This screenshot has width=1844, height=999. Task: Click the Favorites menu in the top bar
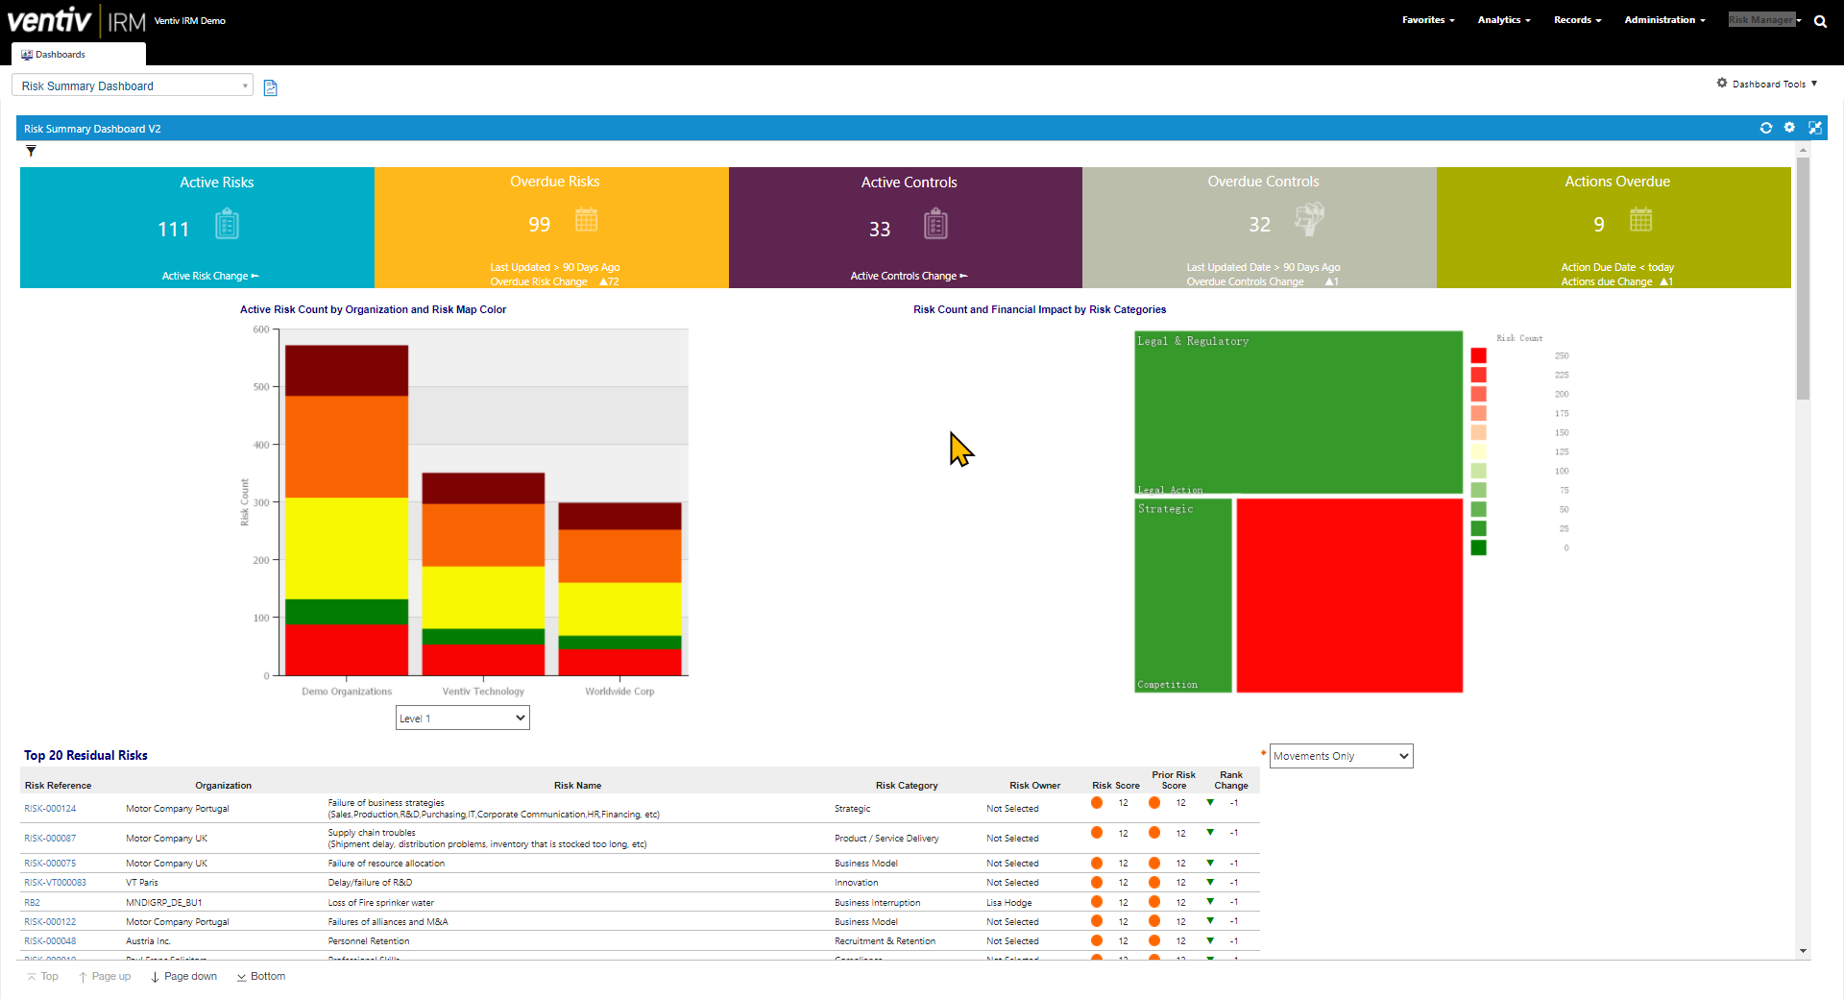(1427, 20)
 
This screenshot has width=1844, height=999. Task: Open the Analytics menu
(1503, 20)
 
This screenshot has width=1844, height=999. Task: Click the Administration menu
(1664, 20)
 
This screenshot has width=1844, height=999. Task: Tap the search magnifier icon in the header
(1820, 21)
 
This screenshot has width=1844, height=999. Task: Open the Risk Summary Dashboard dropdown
(133, 85)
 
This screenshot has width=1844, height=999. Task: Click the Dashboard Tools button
(1767, 85)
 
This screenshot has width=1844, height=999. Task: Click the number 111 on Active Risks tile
(174, 230)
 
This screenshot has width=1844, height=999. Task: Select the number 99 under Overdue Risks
(539, 225)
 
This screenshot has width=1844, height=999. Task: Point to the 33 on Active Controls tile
(880, 230)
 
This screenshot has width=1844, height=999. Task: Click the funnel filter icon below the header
(31, 151)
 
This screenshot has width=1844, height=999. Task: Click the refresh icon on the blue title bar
(1765, 128)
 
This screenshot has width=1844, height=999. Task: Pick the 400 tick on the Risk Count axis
(261, 445)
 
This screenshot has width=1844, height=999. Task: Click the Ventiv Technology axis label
(483, 692)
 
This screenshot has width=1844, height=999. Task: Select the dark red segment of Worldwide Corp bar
(619, 516)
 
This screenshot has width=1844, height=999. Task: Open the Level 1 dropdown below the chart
(462, 718)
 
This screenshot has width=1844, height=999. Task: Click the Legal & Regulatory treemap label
(1193, 341)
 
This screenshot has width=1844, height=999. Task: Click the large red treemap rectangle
(1348, 595)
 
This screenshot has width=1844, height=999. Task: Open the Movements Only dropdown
(1341, 756)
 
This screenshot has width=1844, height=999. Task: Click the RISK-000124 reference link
(50, 809)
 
